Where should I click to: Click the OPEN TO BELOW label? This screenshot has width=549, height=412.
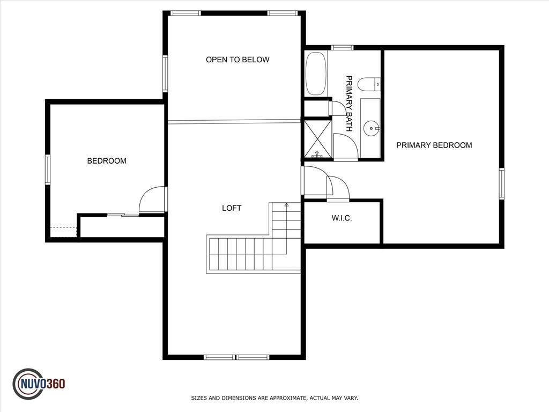click(x=238, y=60)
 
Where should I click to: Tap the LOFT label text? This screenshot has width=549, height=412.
click(x=232, y=208)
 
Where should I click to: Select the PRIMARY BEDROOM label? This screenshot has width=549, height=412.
click(x=434, y=145)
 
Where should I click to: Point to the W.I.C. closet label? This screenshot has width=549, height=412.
click(x=342, y=218)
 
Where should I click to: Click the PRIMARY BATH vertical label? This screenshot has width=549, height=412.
click(x=348, y=104)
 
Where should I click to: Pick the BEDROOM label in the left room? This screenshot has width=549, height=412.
click(x=107, y=161)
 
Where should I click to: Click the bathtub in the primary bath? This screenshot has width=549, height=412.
click(x=316, y=73)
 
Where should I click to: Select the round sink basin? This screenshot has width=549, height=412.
click(x=371, y=128)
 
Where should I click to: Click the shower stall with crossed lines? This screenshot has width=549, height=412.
click(x=317, y=139)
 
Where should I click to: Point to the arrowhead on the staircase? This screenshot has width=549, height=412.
click(x=286, y=204)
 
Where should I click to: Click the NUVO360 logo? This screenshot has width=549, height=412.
click(x=39, y=384)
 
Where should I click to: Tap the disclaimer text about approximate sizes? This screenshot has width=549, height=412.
click(x=274, y=398)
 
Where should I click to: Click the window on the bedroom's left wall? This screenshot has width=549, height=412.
click(x=48, y=170)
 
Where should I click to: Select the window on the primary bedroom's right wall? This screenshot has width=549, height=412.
click(x=501, y=183)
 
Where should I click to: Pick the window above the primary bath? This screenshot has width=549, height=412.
click(x=342, y=48)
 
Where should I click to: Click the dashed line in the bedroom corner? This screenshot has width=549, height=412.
click(x=63, y=227)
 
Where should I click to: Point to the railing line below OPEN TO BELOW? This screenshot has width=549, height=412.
click(x=234, y=121)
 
